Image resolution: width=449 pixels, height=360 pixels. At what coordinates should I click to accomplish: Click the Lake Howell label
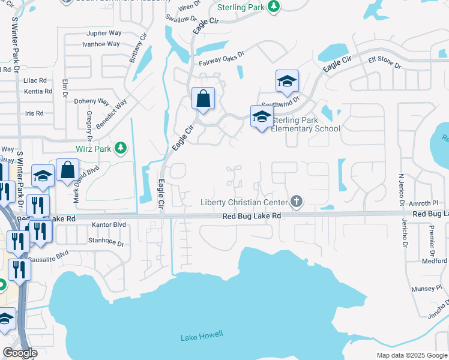[202, 337]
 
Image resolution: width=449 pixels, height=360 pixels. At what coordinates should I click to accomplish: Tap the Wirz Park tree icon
[121, 148]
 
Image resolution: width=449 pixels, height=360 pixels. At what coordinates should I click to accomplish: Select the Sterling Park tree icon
[274, 7]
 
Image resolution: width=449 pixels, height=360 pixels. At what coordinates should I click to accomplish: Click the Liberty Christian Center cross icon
[296, 202]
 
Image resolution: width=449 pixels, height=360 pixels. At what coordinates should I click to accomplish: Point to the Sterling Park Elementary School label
[306, 124]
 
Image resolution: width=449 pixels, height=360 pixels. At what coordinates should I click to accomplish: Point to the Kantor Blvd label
[109, 224]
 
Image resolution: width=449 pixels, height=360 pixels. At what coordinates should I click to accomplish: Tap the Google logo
[20, 353]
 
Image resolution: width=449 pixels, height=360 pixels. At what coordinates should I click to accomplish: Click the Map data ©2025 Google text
[411, 355]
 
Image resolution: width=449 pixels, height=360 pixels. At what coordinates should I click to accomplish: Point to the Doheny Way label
[91, 101]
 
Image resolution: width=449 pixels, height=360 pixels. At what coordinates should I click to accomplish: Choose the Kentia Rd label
[37, 92]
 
